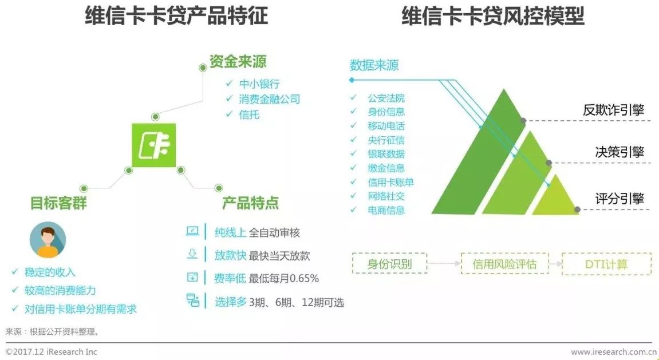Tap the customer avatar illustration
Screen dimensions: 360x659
coord(48,240)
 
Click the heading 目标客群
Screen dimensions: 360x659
coord(58,203)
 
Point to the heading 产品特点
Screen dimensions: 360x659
coord(251,203)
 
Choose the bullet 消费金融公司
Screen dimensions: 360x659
coord(270,99)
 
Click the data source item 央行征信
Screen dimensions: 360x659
coord(386,140)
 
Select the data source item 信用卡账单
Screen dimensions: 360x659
coord(390,182)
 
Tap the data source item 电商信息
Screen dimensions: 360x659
coord(386,210)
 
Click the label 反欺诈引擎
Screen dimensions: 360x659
coord(613,110)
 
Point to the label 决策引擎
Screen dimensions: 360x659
coord(619,152)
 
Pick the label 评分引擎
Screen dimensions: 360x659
coord(619,199)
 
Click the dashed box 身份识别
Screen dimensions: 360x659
coord(389,264)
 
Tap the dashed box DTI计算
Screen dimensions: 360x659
coord(606,264)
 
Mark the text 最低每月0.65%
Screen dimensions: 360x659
coord(284,279)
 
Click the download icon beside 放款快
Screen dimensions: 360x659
coord(192,255)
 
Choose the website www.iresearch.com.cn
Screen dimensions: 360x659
coord(613,351)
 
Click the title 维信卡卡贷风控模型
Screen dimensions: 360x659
coord(492,16)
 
